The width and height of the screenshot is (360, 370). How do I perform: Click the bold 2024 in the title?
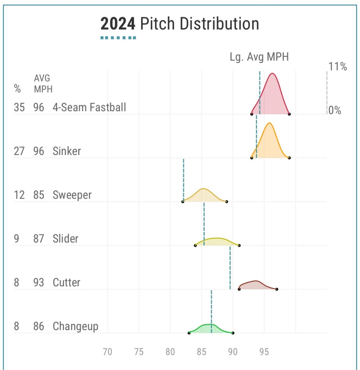pyautogui.click(x=118, y=24)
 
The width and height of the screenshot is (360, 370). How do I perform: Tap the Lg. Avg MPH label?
pyautogui.click(x=259, y=57)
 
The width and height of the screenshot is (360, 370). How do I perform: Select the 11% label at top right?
pyautogui.click(x=338, y=67)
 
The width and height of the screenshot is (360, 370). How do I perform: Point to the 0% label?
pyautogui.click(x=335, y=111)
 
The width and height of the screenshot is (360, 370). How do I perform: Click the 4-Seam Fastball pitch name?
pyautogui.click(x=89, y=107)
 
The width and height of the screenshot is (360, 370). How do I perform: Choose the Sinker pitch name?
pyautogui.click(x=67, y=151)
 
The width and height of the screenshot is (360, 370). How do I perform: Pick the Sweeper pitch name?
pyautogui.click(x=72, y=195)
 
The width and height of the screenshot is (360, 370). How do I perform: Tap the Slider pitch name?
pyautogui.click(x=65, y=239)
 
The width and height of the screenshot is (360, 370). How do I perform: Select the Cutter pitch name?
pyautogui.click(x=67, y=282)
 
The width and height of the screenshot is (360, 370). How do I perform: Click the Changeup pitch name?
pyautogui.click(x=75, y=327)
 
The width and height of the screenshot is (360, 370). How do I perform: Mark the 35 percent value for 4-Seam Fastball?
pyautogui.click(x=19, y=107)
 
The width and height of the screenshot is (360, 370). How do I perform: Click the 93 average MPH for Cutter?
pyautogui.click(x=39, y=282)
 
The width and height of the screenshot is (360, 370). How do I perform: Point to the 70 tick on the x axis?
pyautogui.click(x=107, y=352)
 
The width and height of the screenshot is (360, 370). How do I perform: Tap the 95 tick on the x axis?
pyautogui.click(x=264, y=352)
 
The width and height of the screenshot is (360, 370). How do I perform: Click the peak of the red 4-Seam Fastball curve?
pyautogui.click(x=272, y=74)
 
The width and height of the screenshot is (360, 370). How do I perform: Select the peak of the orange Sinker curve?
pyautogui.click(x=269, y=123)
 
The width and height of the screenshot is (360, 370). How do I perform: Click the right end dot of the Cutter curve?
pyautogui.click(x=277, y=289)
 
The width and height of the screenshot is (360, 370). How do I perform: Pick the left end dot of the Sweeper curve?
pyautogui.click(x=183, y=201)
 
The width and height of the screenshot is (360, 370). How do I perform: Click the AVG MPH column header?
pyautogui.click(x=43, y=84)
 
